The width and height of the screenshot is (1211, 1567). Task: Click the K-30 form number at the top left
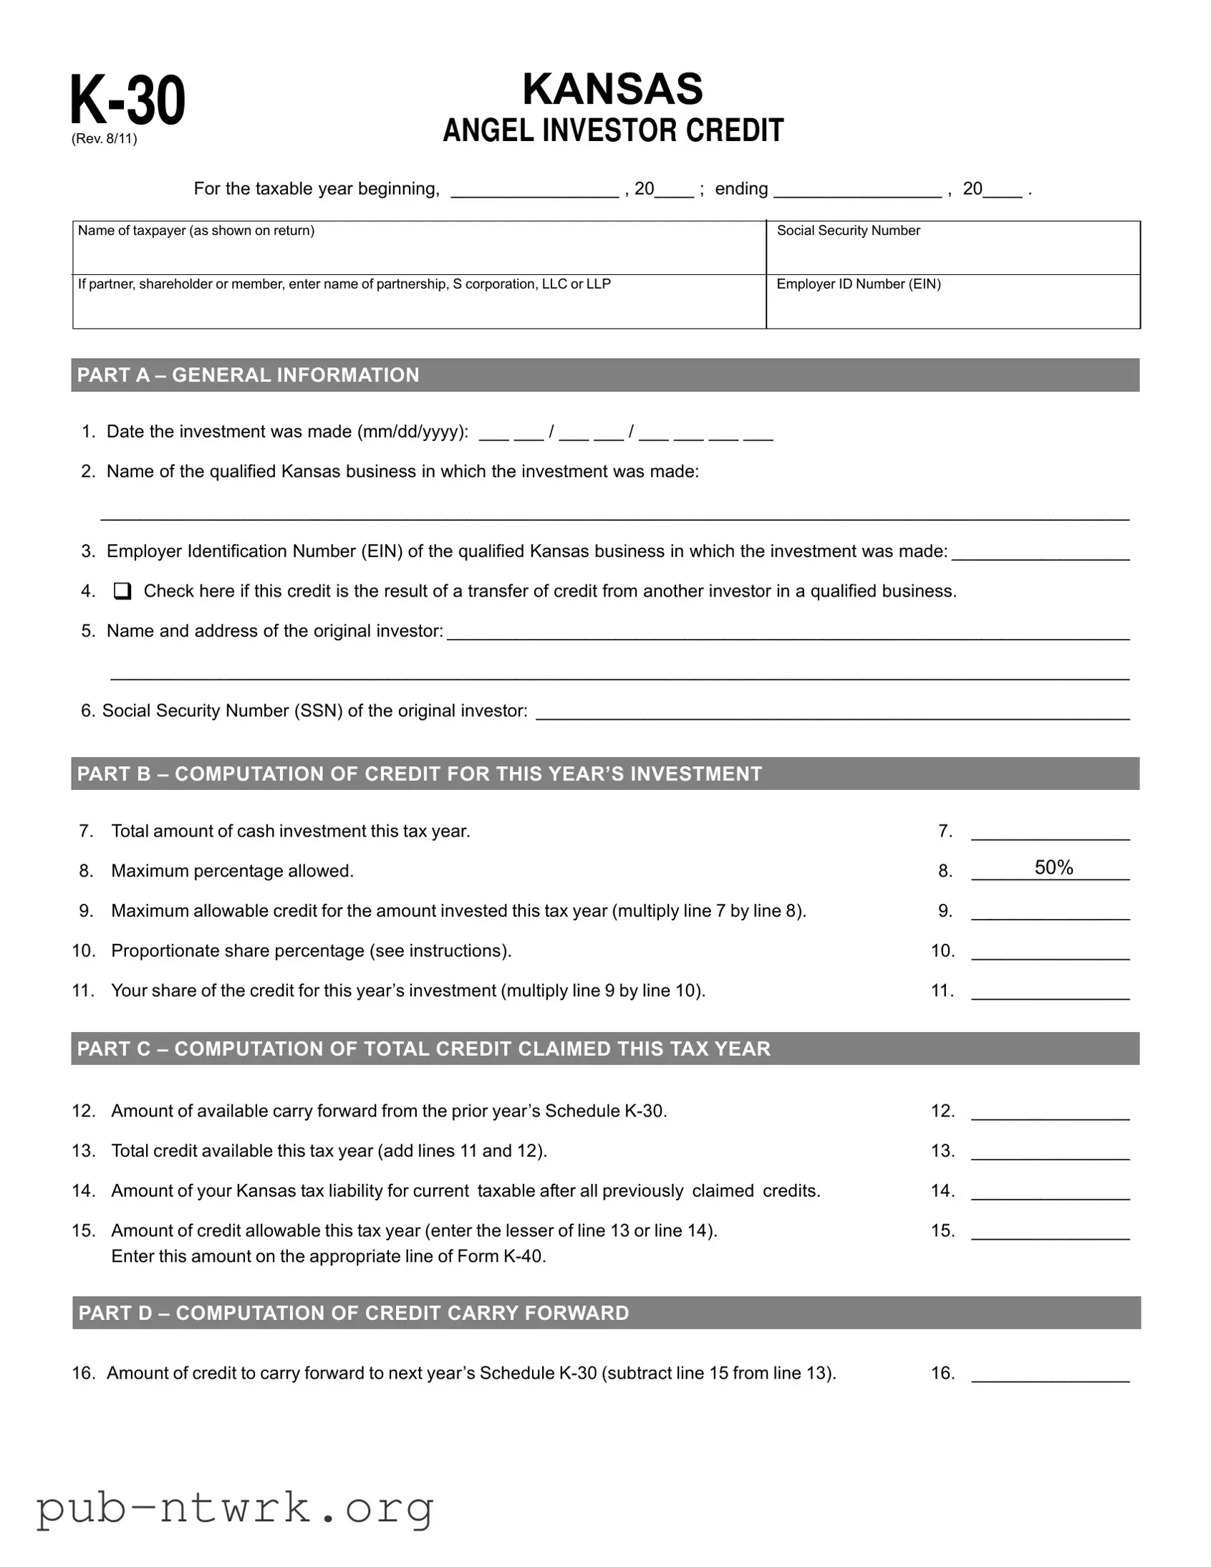click(127, 100)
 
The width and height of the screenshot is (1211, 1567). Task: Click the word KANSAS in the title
click(612, 89)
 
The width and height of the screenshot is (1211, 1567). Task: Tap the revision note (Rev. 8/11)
click(104, 139)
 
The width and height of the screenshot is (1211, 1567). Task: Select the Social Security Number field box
click(952, 249)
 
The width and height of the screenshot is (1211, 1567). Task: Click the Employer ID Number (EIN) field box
click(952, 302)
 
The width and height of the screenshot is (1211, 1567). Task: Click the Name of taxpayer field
click(419, 249)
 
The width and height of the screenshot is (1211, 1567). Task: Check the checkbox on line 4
click(122, 592)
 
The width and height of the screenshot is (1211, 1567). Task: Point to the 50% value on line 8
click(1053, 867)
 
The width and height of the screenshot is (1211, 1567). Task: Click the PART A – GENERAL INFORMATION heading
click(249, 375)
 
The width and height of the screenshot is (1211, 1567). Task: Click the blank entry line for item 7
click(1051, 833)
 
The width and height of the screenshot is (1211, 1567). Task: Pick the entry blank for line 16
click(1051, 1375)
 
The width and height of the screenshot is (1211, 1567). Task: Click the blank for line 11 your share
click(1051, 993)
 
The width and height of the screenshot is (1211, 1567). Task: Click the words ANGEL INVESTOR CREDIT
click(613, 130)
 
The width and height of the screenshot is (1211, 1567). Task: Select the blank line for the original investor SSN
click(832, 713)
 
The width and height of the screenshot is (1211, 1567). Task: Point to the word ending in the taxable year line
click(741, 188)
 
